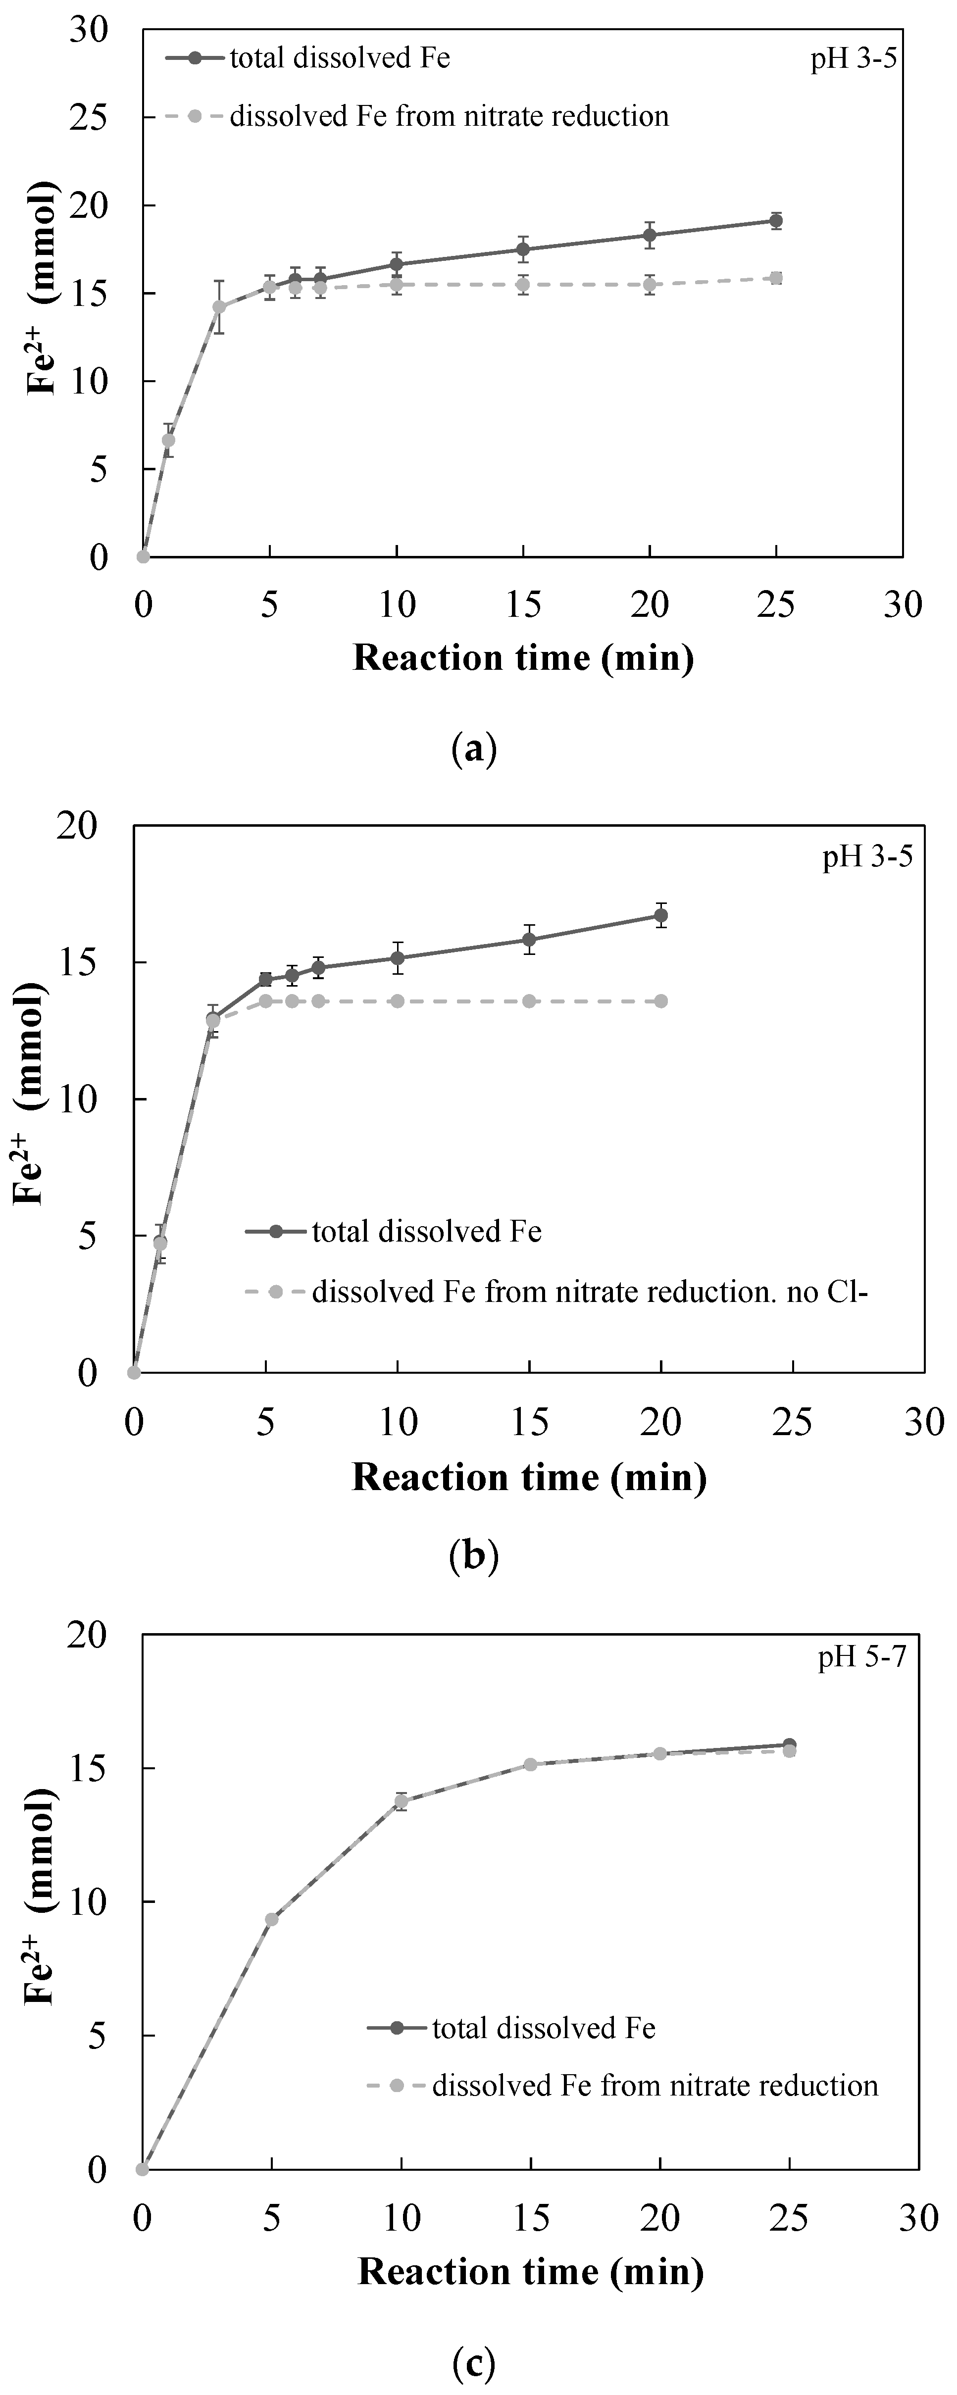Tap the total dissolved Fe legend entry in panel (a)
point(340,58)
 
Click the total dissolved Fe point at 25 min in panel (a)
point(776,220)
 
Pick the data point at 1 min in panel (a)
point(168,440)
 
